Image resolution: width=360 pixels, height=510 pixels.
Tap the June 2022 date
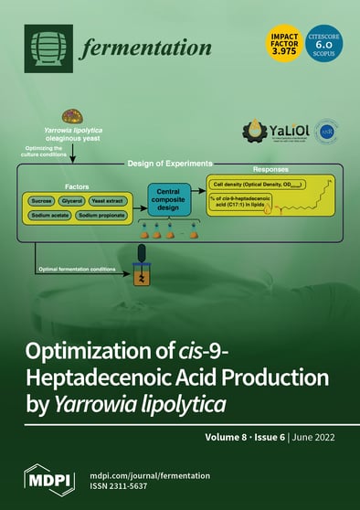click(x=315, y=436)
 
